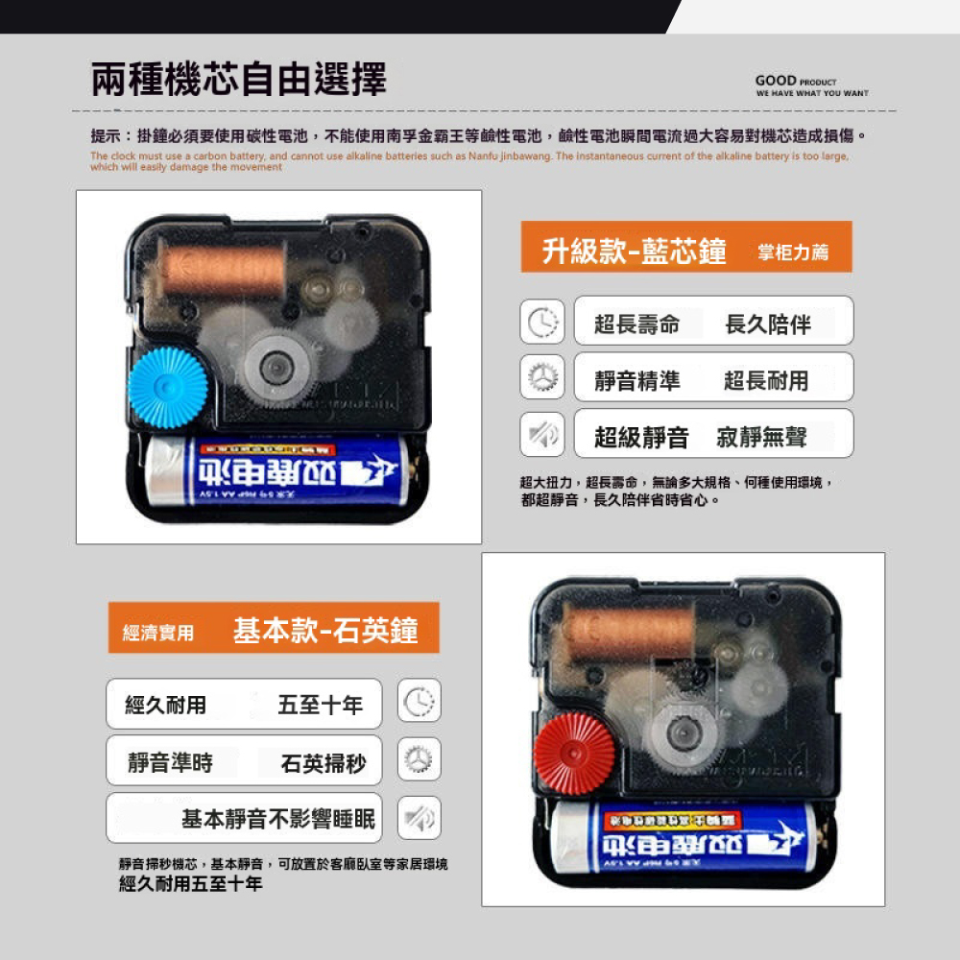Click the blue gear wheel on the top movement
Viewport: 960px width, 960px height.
coord(169,387)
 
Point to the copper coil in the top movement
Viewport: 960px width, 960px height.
coord(222,268)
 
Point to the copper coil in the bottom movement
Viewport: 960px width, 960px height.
coord(630,633)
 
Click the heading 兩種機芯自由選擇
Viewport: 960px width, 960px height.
coord(239,79)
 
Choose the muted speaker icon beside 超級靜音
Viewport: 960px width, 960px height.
coord(541,433)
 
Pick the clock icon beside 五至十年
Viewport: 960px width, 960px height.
coord(420,703)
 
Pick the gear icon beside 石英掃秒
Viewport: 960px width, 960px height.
coord(420,759)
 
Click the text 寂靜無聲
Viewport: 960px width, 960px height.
coord(762,439)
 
